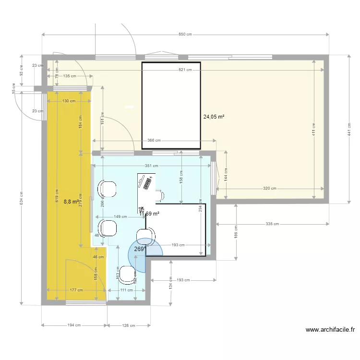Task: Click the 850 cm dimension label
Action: pos(185,35)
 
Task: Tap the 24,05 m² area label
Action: pos(214,117)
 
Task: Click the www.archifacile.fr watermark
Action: pos(329,330)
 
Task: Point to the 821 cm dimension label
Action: pos(185,70)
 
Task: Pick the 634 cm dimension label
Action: pos(21,196)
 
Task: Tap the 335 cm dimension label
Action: pos(273,224)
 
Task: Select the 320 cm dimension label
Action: pos(270,189)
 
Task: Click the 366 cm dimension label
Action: pos(154,141)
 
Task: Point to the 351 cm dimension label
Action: pos(152,166)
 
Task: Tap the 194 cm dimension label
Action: pos(74,325)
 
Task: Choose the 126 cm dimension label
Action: pos(129,325)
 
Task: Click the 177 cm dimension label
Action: pos(76,290)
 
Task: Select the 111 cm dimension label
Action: pos(126,290)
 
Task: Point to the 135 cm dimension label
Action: pos(70,76)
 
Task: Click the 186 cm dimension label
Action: pos(236,232)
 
